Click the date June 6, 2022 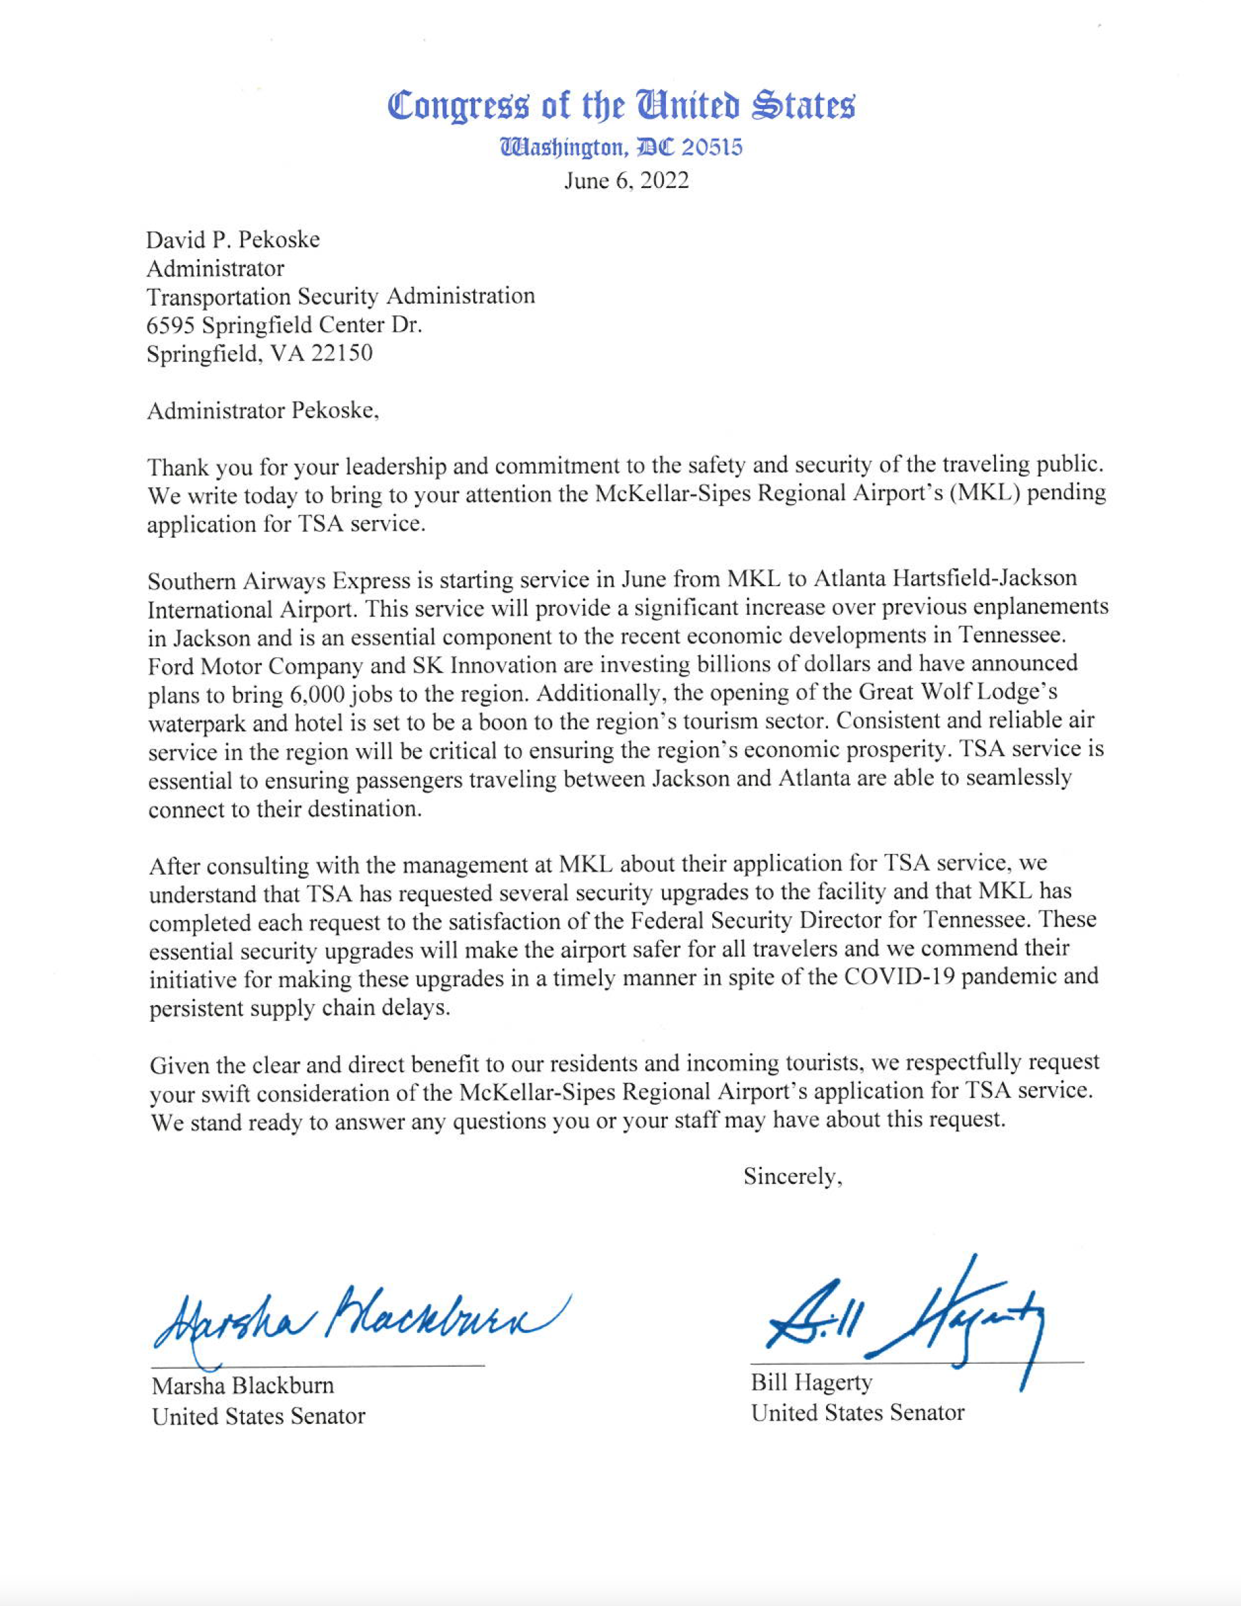[626, 181]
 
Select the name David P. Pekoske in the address [233, 240]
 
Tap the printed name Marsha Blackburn [243, 1386]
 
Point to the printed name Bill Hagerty [811, 1383]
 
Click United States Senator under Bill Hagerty [857, 1413]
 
